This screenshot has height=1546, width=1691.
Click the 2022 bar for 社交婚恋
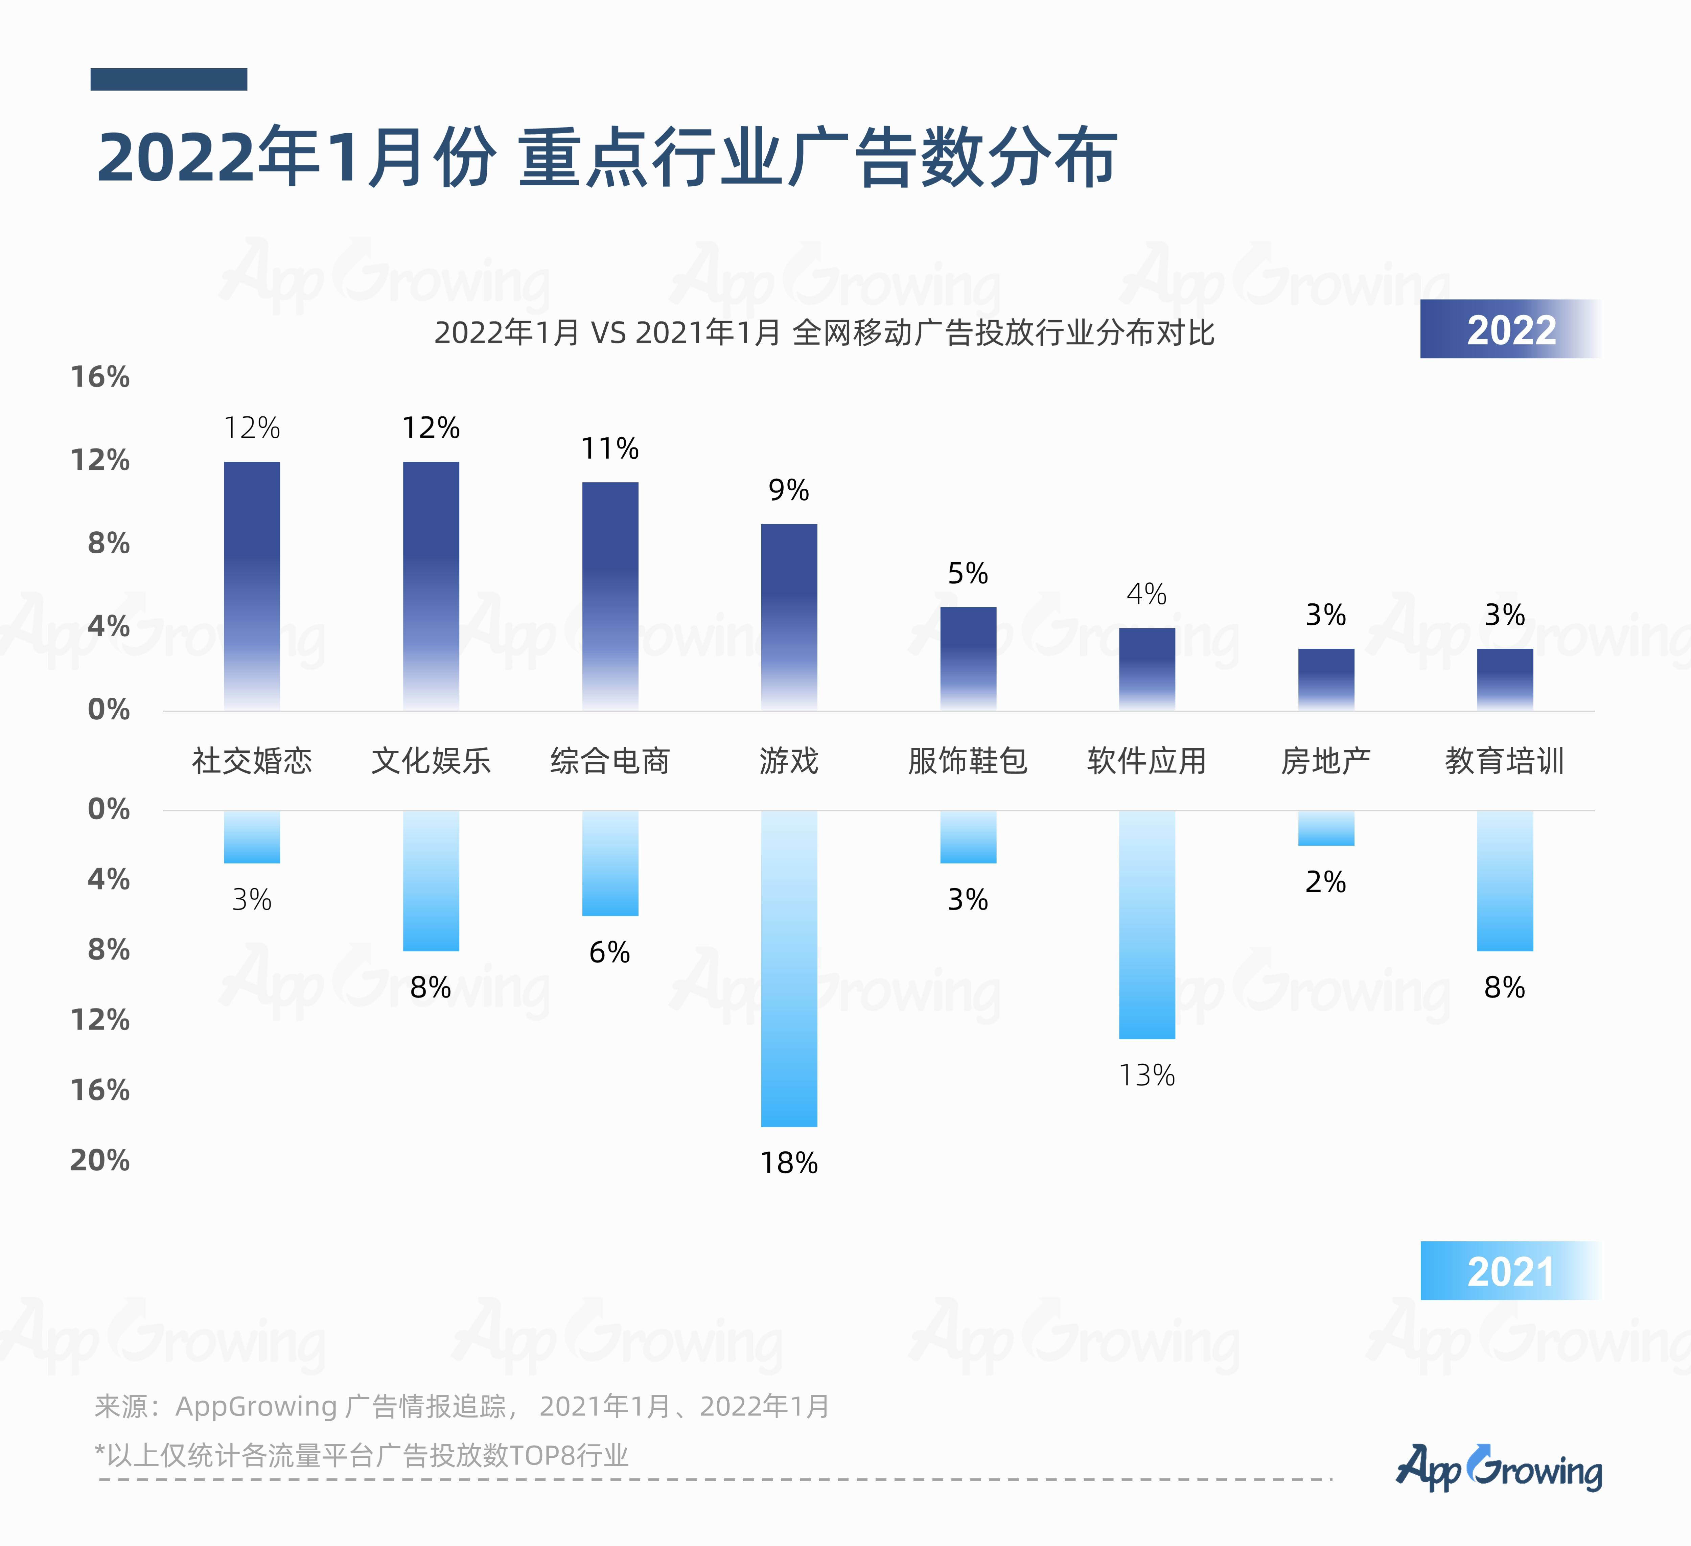point(252,585)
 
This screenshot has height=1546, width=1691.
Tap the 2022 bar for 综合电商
point(610,596)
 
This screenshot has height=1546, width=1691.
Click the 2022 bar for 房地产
point(1326,679)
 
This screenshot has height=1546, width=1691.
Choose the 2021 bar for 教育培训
point(1505,881)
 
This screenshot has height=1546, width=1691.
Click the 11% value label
point(610,449)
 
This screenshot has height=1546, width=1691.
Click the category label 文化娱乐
point(431,761)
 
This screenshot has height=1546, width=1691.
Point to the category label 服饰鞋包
point(968,761)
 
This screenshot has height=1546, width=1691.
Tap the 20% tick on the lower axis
point(100,1160)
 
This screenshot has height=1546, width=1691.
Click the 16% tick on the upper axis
point(100,377)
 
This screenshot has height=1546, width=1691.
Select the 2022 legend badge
point(1510,329)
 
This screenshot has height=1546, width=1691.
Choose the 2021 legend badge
point(1510,1271)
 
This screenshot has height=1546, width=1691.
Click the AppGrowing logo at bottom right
point(1499,1468)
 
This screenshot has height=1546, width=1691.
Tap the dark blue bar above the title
point(169,79)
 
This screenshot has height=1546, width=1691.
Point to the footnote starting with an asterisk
point(362,1455)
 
